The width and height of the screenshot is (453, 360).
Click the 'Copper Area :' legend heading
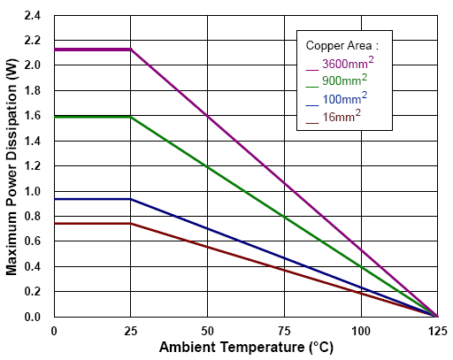click(342, 45)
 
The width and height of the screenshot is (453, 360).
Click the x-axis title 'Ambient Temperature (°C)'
click(246, 348)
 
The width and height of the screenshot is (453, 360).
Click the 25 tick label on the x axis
click(130, 330)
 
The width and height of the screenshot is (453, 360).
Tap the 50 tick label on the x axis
click(207, 330)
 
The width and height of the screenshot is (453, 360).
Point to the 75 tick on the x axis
click(284, 330)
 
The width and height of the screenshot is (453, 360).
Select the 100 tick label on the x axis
click(360, 330)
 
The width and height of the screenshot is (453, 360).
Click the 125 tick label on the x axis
click(436, 330)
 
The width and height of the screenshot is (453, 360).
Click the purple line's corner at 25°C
click(131, 50)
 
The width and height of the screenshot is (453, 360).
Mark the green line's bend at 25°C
click(131, 116)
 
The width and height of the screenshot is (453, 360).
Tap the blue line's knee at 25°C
click(131, 199)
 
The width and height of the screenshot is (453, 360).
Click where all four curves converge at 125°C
click(437, 316)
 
